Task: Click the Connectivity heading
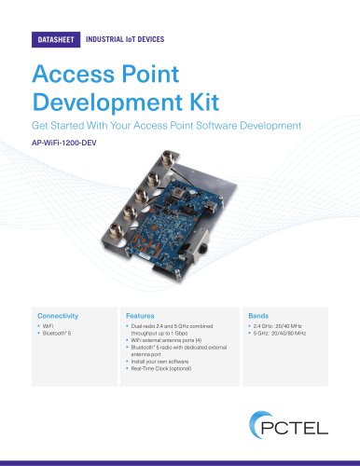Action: [x=58, y=315]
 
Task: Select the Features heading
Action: [x=141, y=315]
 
